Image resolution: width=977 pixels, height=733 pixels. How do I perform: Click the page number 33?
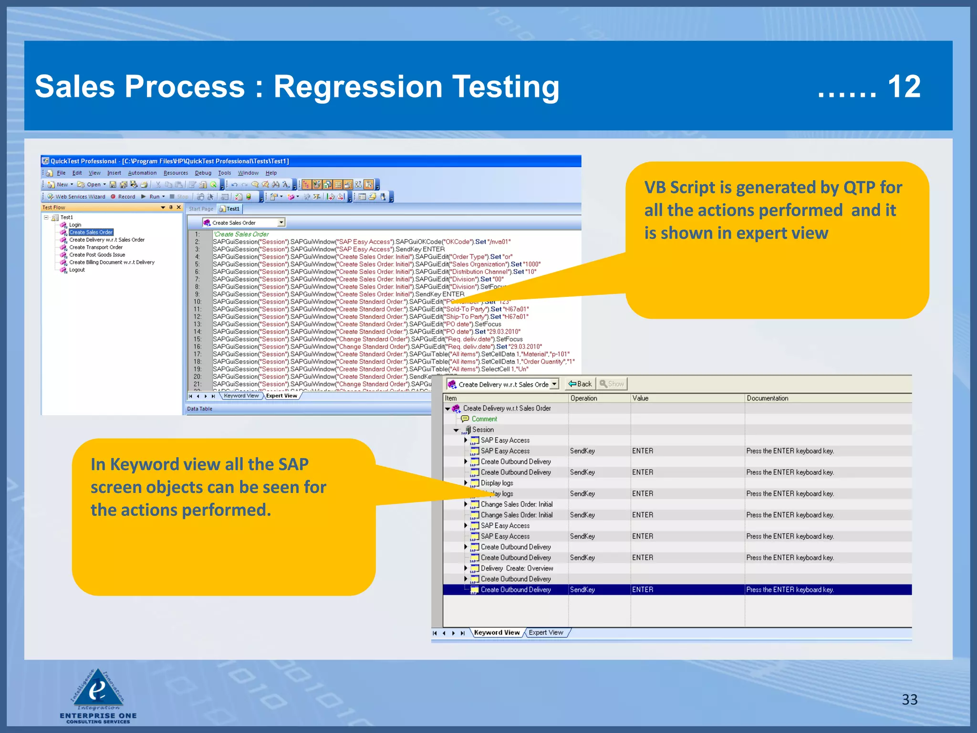click(x=909, y=700)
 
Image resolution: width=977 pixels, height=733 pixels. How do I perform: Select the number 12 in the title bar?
click(x=904, y=87)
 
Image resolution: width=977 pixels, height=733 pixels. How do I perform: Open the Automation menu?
click(x=142, y=173)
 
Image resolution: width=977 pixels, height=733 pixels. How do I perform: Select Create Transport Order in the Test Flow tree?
click(x=96, y=247)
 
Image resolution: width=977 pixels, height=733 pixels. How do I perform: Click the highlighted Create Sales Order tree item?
click(x=91, y=232)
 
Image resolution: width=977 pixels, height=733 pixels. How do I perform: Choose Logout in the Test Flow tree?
click(x=77, y=270)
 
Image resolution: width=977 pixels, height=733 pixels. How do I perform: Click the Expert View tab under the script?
click(x=281, y=396)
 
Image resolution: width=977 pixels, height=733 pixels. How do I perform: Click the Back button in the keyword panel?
click(x=580, y=384)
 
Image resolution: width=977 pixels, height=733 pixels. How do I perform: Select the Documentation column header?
click(x=767, y=398)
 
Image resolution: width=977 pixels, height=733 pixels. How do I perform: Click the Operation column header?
click(x=583, y=398)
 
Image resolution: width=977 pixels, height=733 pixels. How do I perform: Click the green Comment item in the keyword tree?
click(x=484, y=419)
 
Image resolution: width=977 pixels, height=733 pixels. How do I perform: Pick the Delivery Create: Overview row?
click(x=517, y=568)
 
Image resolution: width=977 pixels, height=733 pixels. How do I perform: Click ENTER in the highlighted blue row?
click(x=643, y=590)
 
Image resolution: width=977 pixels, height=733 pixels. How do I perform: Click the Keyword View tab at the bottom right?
click(x=497, y=632)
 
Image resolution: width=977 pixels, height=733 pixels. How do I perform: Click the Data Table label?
click(x=199, y=409)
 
